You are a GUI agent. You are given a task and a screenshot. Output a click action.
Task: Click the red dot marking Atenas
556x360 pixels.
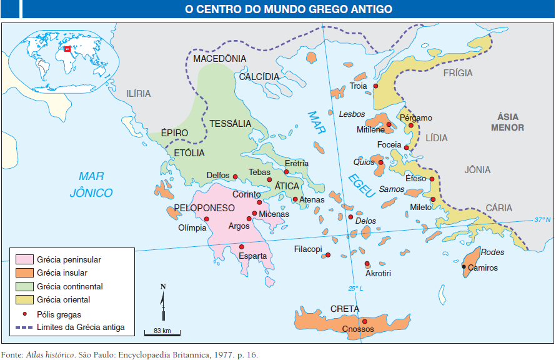click(x=295, y=199)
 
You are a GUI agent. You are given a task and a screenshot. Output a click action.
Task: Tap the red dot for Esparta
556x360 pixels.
click(x=242, y=247)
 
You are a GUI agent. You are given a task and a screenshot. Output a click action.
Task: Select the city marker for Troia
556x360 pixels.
click(x=375, y=86)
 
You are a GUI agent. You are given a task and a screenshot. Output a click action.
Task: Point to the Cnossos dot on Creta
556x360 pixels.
click(x=364, y=321)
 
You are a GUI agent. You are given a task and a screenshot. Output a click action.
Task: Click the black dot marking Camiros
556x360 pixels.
click(x=464, y=267)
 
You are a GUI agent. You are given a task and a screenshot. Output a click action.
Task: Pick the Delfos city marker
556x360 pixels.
click(x=236, y=176)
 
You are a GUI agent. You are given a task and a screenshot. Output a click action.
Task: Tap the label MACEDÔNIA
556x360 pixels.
click(x=220, y=58)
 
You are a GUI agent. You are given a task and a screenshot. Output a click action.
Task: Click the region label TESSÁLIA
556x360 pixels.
click(x=231, y=124)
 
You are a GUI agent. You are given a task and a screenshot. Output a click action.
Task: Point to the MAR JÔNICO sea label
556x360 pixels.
click(x=91, y=184)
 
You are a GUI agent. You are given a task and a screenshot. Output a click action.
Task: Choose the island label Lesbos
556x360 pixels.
click(x=352, y=114)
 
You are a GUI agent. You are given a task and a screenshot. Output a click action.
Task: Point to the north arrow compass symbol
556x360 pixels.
click(x=163, y=303)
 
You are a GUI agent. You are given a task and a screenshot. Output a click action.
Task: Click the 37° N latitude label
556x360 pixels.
click(x=542, y=220)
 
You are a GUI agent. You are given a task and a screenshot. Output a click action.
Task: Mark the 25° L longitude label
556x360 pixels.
click(x=355, y=288)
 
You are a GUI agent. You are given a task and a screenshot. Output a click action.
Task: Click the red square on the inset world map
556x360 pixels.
click(x=67, y=48)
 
